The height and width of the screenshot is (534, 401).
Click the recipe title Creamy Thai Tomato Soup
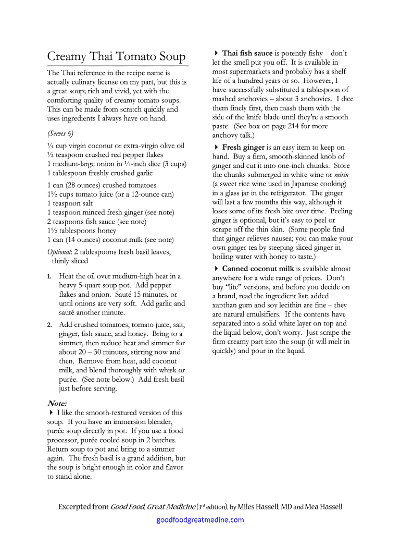point(116,56)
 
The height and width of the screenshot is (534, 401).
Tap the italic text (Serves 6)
point(60,133)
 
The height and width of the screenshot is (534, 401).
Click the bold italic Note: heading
point(57,403)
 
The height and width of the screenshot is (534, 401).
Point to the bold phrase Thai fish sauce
point(247,53)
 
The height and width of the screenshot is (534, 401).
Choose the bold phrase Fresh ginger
point(244,148)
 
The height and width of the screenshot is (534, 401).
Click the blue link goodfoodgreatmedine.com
point(200,519)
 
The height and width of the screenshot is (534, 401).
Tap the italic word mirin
point(342,175)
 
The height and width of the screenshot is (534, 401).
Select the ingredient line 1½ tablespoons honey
point(81,230)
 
